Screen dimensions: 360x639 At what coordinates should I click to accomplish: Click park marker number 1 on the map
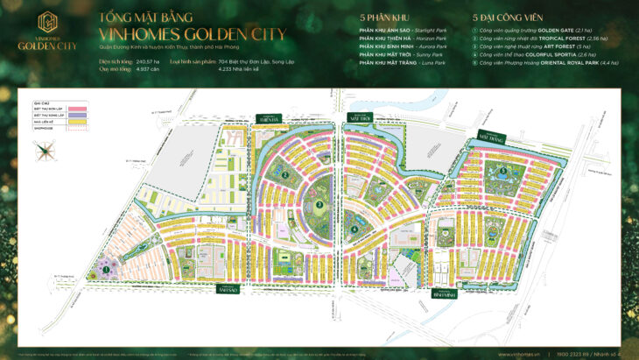pos(106,271)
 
